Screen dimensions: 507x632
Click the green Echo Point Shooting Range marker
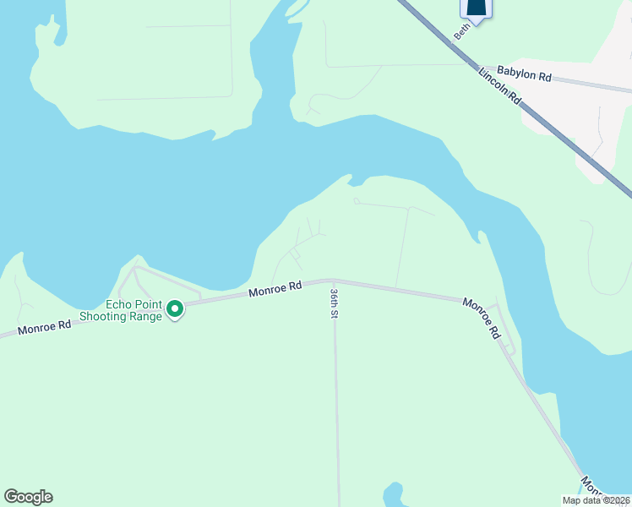click(x=175, y=310)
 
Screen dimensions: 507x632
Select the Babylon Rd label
click(x=524, y=75)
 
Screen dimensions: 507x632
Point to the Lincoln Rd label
click(x=500, y=87)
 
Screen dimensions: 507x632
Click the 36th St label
click(x=335, y=302)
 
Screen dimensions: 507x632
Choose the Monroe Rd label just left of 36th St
click(x=275, y=289)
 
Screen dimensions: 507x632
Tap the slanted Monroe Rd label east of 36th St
click(x=481, y=318)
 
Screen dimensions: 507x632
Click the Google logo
click(x=28, y=497)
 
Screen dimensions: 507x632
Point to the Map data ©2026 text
click(x=596, y=500)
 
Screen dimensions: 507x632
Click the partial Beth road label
click(x=461, y=30)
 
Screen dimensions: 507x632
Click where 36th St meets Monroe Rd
click(x=334, y=281)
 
